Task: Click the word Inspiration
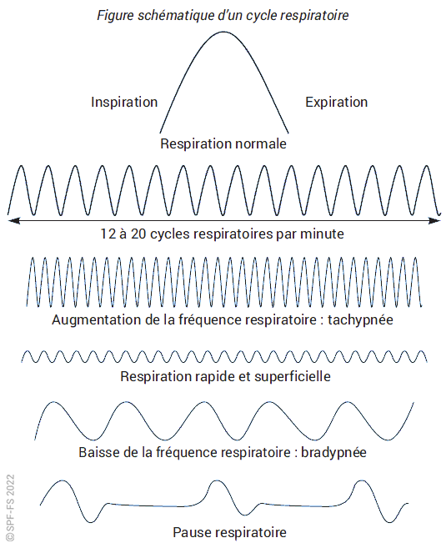click(124, 102)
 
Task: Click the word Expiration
click(336, 102)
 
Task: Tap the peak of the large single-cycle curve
click(223, 33)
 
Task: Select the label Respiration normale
click(223, 143)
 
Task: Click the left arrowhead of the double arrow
click(13, 220)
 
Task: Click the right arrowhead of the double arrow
click(435, 220)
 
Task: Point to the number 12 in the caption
click(108, 234)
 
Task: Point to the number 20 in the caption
click(138, 234)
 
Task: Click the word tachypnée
click(360, 319)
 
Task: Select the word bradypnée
click(333, 453)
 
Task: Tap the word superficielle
click(293, 376)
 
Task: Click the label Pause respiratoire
click(229, 533)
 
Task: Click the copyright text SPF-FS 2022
click(11, 507)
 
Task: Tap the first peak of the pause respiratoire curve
click(63, 481)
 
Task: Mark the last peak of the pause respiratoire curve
click(361, 481)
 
